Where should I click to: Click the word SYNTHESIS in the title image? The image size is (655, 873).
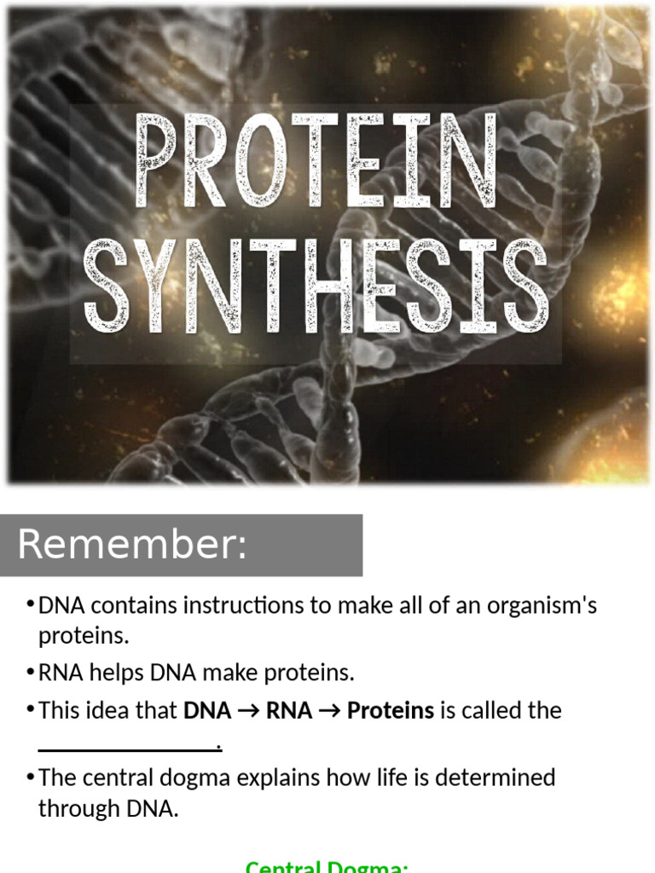316,286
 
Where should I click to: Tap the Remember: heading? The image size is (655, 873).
131,545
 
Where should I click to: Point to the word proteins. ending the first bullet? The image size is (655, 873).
83,636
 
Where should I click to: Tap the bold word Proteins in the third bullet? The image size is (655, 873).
391,710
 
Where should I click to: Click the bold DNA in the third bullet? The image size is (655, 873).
207,710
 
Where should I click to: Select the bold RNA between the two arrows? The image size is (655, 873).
289,710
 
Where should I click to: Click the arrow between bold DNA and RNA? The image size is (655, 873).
249,711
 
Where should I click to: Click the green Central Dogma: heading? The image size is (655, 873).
327,866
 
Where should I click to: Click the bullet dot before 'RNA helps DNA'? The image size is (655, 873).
30,672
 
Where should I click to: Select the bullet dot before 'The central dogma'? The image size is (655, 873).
30,777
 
